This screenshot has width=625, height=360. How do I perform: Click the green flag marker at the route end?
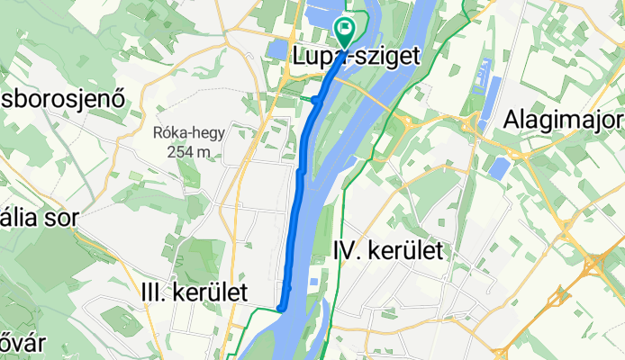pyautogui.click(x=345, y=30)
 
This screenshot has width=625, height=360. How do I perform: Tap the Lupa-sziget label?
pyautogui.click(x=357, y=56)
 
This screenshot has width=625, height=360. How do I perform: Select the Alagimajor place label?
pyautogui.click(x=564, y=119)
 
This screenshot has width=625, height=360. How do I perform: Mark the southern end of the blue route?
pyautogui.click(x=281, y=308)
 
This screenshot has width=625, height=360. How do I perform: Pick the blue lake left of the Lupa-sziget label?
pyautogui.click(x=276, y=49)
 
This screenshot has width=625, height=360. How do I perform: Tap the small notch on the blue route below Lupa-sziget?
pyautogui.click(x=316, y=101)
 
